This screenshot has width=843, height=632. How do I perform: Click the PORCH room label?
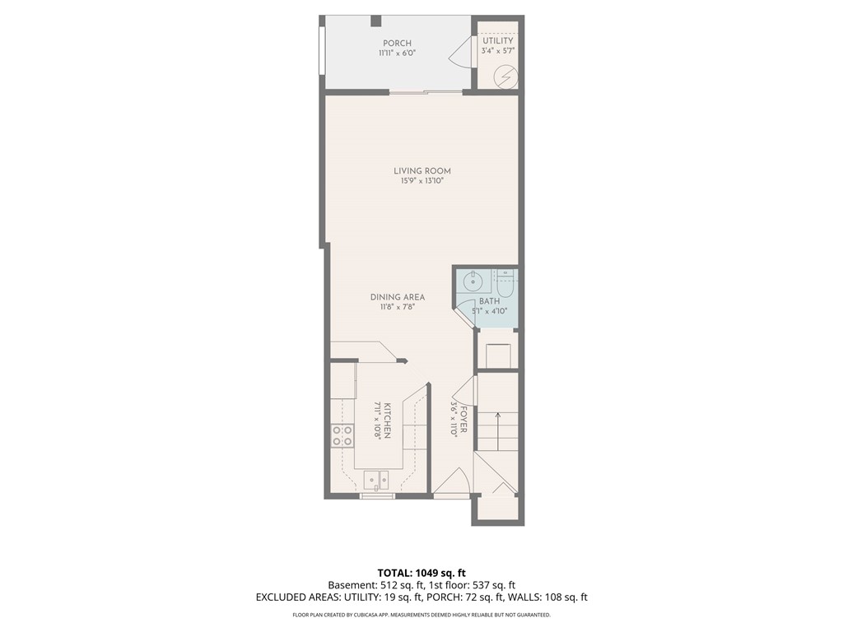pos(397,44)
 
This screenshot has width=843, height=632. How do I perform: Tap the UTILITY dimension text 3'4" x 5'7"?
pos(497,51)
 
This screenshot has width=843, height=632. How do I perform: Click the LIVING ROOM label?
pos(421,171)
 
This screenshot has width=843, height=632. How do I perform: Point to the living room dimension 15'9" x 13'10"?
pos(421,181)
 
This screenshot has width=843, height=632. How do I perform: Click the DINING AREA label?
pos(397,297)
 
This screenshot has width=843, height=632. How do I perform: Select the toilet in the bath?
pos(505,283)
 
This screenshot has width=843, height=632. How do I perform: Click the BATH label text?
pos(489,301)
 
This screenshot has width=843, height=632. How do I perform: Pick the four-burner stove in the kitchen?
pos(342,435)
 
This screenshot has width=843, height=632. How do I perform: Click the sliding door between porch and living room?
pos(426,93)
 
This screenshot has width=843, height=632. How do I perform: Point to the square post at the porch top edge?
pos(375,21)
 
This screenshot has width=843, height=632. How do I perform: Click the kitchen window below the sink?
pos(378,495)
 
